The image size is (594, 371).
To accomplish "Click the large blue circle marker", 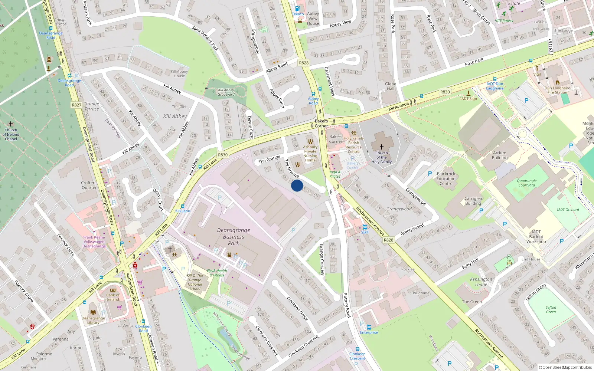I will [x=297, y=185].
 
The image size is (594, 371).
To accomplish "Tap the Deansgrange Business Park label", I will [x=234, y=237].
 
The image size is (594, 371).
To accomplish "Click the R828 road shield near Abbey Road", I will [x=304, y=63].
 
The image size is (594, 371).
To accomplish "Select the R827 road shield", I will [x=76, y=105].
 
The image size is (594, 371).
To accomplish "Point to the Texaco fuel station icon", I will [x=297, y=9].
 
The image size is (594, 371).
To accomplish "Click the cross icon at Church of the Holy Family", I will [x=381, y=147].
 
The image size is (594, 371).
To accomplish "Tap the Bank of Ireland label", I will [x=113, y=297].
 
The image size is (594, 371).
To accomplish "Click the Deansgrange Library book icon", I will [x=93, y=312].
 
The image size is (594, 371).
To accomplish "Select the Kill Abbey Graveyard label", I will [x=226, y=92].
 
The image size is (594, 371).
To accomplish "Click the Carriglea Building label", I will [x=473, y=201].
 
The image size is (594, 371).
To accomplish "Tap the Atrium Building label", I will [x=500, y=155].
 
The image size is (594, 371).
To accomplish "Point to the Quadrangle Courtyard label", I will [x=526, y=183].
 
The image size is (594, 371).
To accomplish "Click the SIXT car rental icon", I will [x=365, y=227].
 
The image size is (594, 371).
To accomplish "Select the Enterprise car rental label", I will [x=369, y=332].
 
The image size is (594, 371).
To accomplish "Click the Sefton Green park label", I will [x=551, y=309].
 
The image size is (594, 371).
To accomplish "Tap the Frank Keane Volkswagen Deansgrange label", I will [x=94, y=242].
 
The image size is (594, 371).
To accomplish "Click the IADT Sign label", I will [x=469, y=99].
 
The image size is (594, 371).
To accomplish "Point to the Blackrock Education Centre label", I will [x=446, y=178].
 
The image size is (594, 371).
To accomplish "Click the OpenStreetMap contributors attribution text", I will [x=565, y=367].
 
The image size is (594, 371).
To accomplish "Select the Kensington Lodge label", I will [x=481, y=282].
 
